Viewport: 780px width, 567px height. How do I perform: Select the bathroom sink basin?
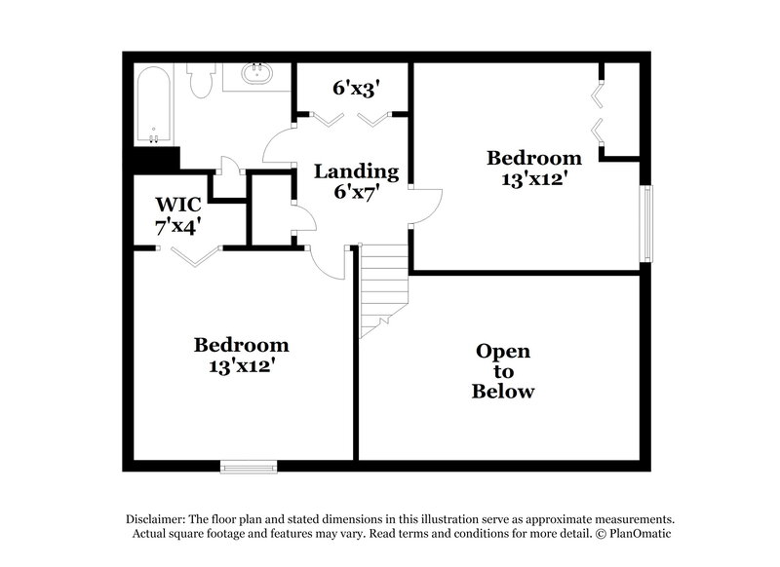tap(258, 74)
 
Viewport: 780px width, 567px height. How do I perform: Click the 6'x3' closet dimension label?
tap(355, 89)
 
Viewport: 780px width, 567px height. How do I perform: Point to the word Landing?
tap(355, 171)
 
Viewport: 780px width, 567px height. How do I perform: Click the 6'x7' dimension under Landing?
tap(355, 192)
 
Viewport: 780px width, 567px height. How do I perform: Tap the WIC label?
tap(178, 205)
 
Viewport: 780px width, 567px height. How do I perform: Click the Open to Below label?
tap(503, 371)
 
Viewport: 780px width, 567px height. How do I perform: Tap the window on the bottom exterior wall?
tap(251, 467)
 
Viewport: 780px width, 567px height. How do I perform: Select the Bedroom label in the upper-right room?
tap(534, 158)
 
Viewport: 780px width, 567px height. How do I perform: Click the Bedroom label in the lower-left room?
tap(241, 345)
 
